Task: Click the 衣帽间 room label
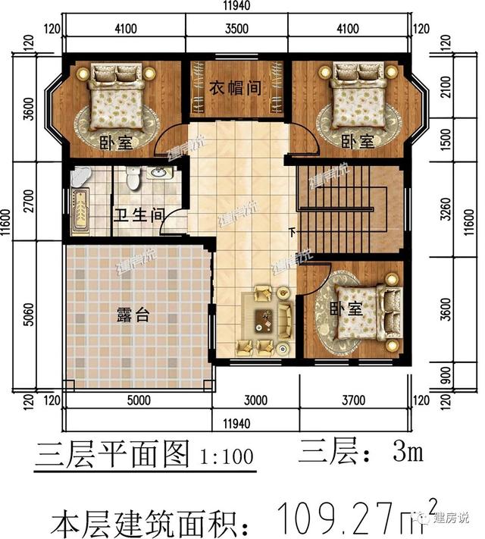tap(236, 88)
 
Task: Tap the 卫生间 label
tap(139, 215)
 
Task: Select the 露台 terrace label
tap(133, 315)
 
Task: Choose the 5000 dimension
tap(139, 400)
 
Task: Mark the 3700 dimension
tap(353, 400)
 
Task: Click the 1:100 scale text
tap(227, 458)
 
